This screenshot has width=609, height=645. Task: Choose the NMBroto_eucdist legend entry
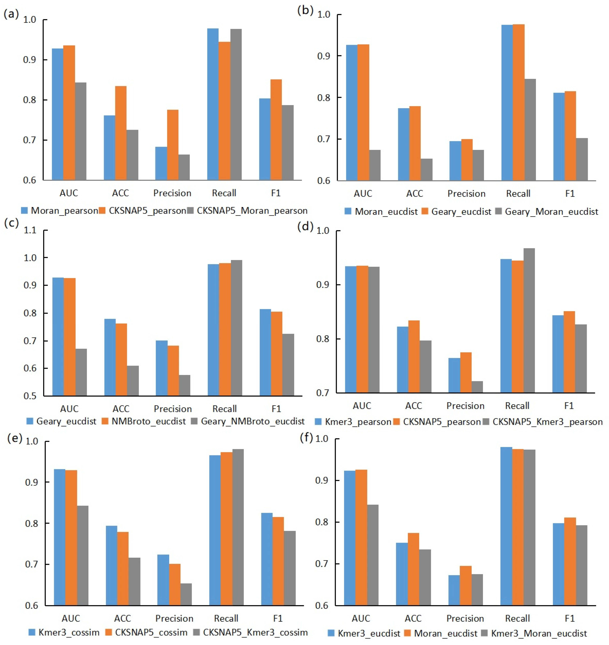148,422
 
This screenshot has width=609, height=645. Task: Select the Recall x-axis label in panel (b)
518,194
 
